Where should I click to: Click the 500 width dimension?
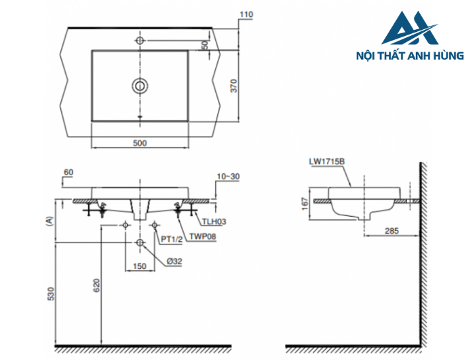[140, 143]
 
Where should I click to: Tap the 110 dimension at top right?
[246, 14]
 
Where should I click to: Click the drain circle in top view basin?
[140, 86]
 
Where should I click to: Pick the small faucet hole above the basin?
[140, 41]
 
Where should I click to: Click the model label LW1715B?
[327, 161]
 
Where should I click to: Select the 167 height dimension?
[305, 202]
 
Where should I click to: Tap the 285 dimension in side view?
[392, 231]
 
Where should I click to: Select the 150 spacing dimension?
[140, 267]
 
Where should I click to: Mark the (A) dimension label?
[48, 220]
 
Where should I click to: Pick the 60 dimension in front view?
[68, 173]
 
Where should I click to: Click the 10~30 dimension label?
[229, 177]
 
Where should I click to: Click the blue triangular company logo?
[410, 29]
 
